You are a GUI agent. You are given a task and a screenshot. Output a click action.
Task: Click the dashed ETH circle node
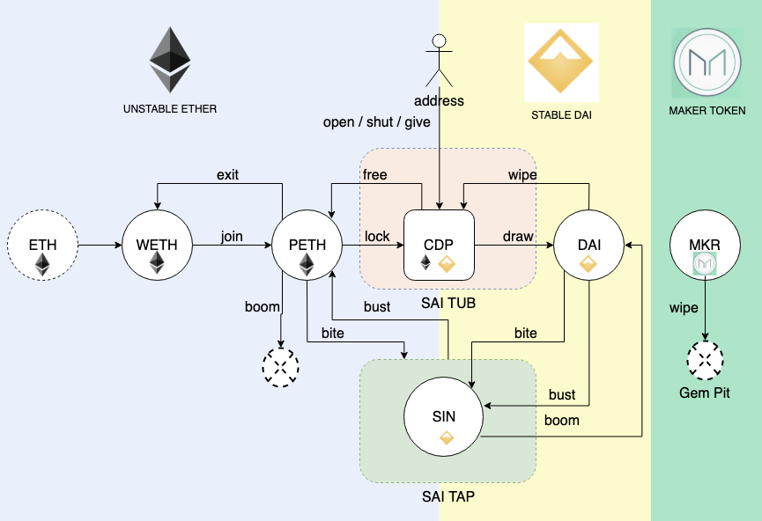[42, 245]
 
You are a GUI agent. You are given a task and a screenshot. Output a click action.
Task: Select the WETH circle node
[157, 245]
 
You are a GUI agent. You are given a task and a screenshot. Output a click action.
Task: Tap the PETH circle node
[307, 245]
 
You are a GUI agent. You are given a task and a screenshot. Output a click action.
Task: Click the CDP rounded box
[439, 245]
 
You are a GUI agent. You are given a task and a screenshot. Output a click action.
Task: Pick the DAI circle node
[588, 245]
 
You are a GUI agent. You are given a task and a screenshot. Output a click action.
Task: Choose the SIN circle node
[443, 419]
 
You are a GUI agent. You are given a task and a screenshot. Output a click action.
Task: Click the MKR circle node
[706, 245]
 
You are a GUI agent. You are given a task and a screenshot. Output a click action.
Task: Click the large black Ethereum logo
[170, 60]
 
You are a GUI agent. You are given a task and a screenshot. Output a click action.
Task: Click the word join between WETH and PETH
[232, 237]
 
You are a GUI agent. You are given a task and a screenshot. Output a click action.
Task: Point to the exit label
[227, 174]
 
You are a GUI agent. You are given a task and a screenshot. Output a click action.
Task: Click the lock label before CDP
[377, 237]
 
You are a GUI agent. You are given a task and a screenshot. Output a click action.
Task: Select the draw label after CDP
[517, 237]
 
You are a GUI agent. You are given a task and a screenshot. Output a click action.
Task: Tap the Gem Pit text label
[706, 393]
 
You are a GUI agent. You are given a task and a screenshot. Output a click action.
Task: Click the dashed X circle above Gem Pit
[706, 360]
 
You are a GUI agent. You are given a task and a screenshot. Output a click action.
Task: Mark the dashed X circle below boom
[281, 366]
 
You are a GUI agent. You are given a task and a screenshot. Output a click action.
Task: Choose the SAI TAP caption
[448, 497]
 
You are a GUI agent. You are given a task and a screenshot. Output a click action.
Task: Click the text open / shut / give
[377, 121]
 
